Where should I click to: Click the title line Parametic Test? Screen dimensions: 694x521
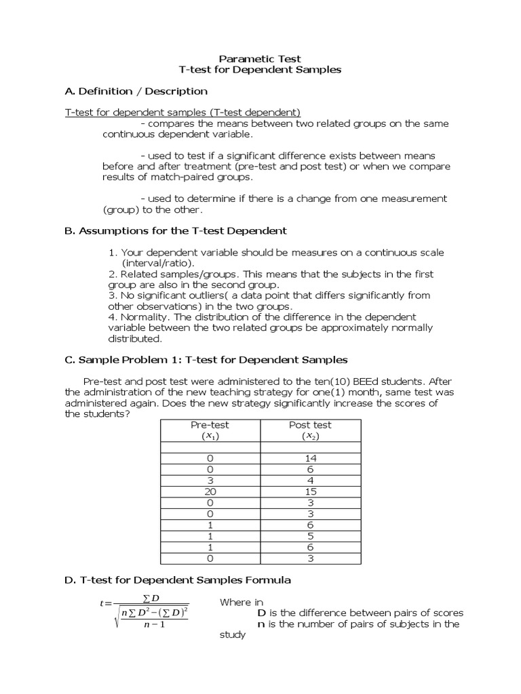[260, 58]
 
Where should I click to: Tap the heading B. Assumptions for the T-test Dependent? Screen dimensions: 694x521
[176, 230]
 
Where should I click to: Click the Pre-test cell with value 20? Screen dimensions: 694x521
[210, 491]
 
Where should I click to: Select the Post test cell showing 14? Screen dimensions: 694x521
[311, 459]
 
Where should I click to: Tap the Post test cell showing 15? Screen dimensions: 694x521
[311, 491]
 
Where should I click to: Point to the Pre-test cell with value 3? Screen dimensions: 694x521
[210, 481]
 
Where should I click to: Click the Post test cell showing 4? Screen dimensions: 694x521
[311, 481]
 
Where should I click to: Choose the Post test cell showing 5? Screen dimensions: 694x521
[311, 536]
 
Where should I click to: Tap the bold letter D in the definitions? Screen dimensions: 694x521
[261, 613]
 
